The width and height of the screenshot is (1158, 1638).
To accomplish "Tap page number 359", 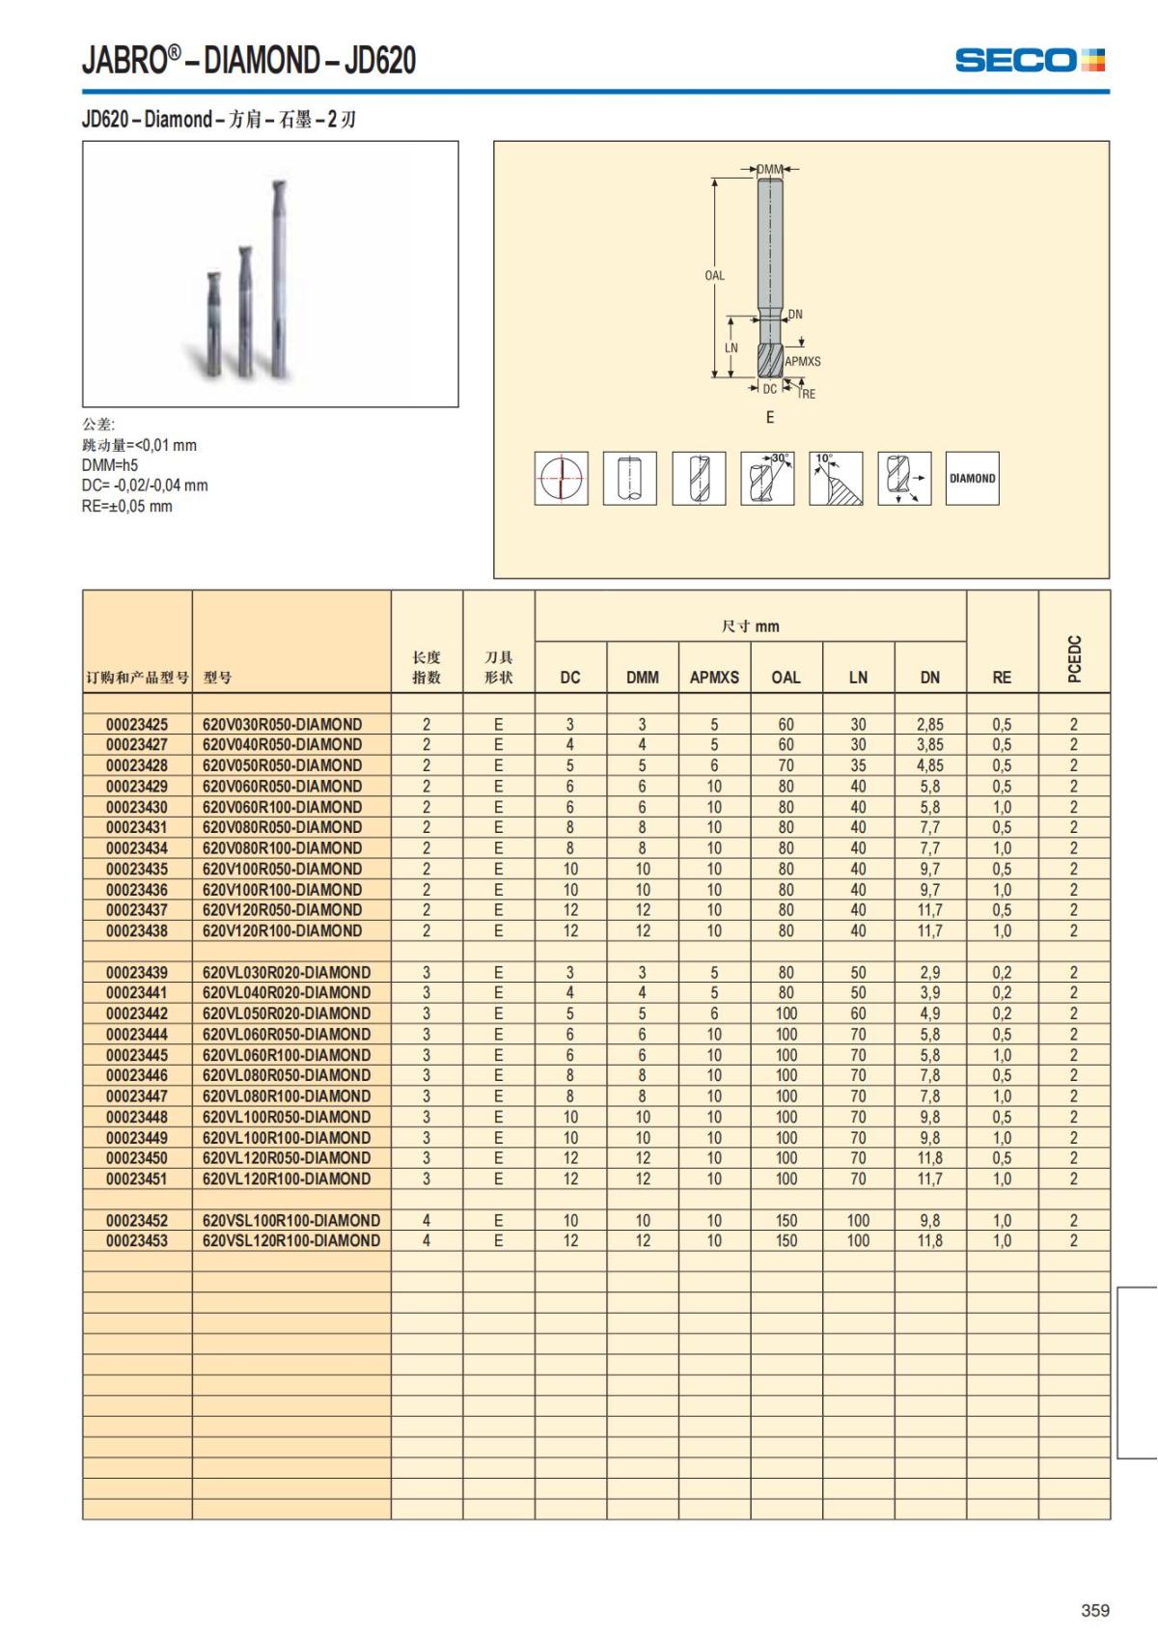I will pos(1095,1610).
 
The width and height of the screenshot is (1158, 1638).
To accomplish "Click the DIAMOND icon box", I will pos(972,479).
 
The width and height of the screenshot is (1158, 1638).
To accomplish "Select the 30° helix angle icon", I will pos(767,479).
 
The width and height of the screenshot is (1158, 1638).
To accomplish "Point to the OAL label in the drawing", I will pos(714,275).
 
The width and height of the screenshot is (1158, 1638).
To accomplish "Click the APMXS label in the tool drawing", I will pos(803,361).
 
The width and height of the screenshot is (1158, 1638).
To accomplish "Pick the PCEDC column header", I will pos(1074,658).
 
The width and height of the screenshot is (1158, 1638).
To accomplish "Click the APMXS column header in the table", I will pos(714,678).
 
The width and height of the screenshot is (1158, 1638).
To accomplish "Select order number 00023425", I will pos(137,725).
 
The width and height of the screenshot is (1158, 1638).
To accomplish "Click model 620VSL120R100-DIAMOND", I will pos(291,1241).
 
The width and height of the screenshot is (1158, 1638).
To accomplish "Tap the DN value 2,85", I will pos(930,725).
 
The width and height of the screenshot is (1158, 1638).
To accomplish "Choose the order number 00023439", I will pos(137,973).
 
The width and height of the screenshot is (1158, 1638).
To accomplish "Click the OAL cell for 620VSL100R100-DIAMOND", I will pos(786,1221).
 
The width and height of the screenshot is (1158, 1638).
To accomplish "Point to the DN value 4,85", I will pos(930,766).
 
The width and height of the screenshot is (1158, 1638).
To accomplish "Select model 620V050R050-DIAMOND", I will pos(283,766).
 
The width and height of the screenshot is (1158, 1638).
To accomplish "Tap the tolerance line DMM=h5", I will pos(110,465).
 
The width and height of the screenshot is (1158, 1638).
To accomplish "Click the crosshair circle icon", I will pos(562,479).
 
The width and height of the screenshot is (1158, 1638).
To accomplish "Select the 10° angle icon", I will pos(836,479).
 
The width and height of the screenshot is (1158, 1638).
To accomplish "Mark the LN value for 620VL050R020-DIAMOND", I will pos(858,1014).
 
